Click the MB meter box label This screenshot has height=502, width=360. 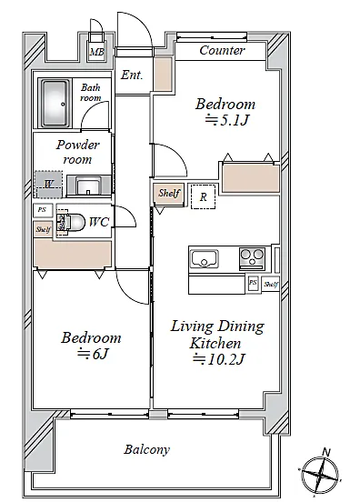click(97, 52)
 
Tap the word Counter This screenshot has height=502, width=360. click(222, 50)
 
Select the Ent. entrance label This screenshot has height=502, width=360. click(132, 75)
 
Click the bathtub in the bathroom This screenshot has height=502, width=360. click(55, 104)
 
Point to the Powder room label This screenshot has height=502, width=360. click(78, 152)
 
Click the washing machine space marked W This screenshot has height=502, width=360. click(49, 185)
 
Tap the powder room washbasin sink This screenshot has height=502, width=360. click(89, 186)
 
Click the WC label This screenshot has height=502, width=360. click(99, 222)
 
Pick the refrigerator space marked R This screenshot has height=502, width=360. click(204, 196)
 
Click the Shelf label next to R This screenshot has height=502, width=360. click(169, 193)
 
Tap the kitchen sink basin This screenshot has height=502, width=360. click(205, 259)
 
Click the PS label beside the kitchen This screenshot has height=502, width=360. click(253, 283)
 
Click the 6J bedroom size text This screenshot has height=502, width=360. click(93, 354)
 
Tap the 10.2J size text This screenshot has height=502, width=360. click(219, 359)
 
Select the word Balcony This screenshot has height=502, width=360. click(147, 449)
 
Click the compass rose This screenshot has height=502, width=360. click(320, 473)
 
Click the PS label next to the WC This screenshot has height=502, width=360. click(42, 210)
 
